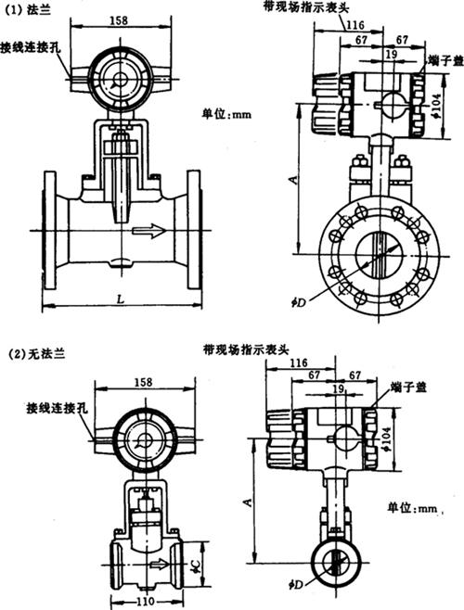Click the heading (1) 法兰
coord(27,10)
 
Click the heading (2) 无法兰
coord(37,353)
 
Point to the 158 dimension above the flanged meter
coord(119,20)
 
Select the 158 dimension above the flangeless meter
coord(143,382)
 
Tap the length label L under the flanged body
coord(122,299)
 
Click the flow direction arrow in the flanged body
coord(149,230)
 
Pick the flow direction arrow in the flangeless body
coord(161,563)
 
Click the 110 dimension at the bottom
coord(145,602)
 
